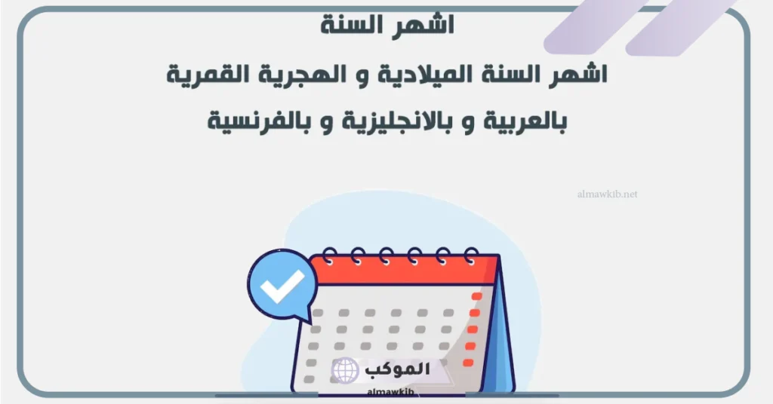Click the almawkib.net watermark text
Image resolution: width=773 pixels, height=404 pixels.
click(x=605, y=194)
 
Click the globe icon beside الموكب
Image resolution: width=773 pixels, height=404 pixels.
click(x=345, y=369)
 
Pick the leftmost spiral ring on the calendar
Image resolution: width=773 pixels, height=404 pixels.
click(x=328, y=256)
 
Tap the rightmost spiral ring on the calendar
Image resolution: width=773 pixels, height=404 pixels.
click(x=471, y=256)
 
